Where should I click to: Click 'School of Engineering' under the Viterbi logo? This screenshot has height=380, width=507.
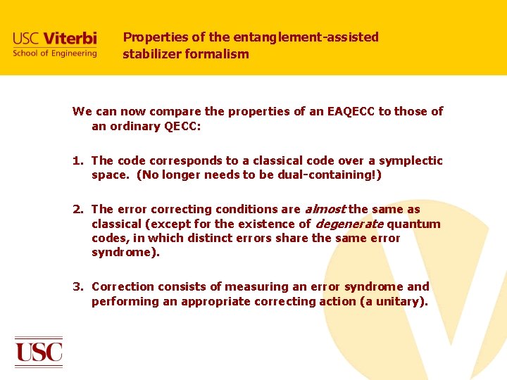[55, 53]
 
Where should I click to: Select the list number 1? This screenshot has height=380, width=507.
[77, 160]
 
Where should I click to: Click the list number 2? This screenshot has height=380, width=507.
[77, 209]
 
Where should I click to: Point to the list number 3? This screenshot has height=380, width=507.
[77, 286]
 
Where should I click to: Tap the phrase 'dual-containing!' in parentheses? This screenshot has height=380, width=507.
[330, 175]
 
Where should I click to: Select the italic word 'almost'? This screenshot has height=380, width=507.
[325, 209]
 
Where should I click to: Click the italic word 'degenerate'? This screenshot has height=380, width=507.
[349, 224]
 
